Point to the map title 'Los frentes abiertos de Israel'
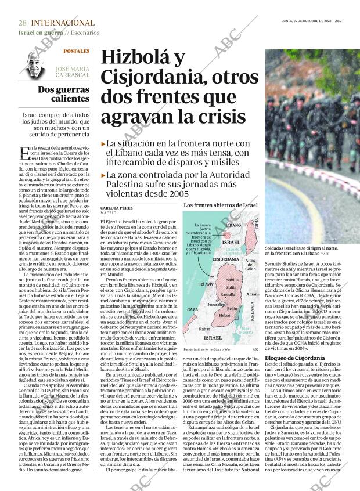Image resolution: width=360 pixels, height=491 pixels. tap(220, 205)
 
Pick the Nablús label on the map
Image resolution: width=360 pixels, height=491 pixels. tap(232, 280)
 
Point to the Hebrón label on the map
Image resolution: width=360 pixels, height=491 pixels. tap(226, 315)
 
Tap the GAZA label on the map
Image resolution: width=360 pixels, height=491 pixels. tap(193, 310)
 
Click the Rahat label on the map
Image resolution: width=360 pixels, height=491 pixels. tap(204, 328)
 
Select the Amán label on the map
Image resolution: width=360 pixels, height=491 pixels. tap(251, 295)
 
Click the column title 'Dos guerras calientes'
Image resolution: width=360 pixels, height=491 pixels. tap(64, 94)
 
